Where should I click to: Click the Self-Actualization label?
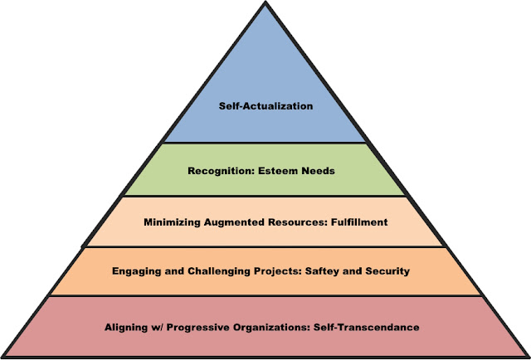pos(266,107)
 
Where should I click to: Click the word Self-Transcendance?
pos(369,327)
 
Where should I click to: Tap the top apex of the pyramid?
pos(266,3)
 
